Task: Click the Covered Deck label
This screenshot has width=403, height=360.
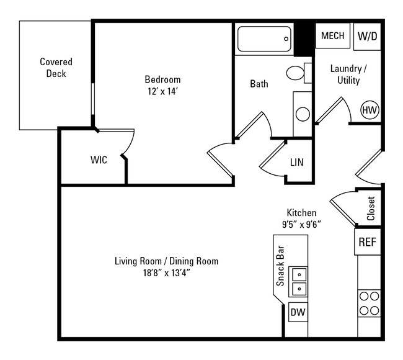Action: pyautogui.click(x=56, y=68)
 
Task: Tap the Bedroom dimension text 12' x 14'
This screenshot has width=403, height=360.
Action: pyautogui.click(x=162, y=91)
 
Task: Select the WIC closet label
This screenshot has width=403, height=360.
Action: pyautogui.click(x=99, y=160)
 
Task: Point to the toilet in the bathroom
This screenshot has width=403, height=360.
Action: pyautogui.click(x=298, y=73)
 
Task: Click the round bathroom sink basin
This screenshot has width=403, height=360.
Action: pyautogui.click(x=302, y=114)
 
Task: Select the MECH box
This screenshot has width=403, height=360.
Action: pyautogui.click(x=333, y=36)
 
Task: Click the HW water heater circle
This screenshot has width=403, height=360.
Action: pyautogui.click(x=370, y=110)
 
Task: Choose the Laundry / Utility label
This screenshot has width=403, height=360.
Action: pyautogui.click(x=348, y=74)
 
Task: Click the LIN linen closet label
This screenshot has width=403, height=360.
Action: pyautogui.click(x=297, y=163)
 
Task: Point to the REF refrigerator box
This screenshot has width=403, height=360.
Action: pyautogui.click(x=366, y=242)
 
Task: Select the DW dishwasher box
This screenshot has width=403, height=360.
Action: pyautogui.click(x=298, y=312)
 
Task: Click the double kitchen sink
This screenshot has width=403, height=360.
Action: pyautogui.click(x=299, y=281)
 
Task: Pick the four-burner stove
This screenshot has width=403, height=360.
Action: pyautogui.click(x=368, y=304)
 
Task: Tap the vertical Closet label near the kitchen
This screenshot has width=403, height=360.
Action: pyautogui.click(x=371, y=209)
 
